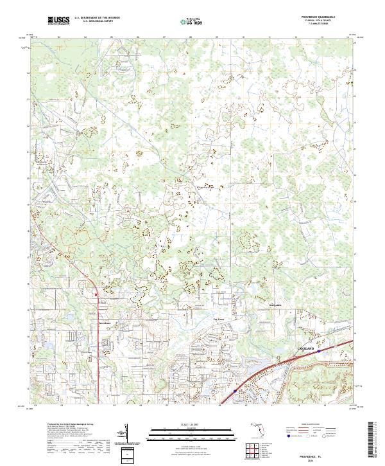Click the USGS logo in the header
tap(58, 21)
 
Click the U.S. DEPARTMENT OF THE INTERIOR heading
tap(97, 18)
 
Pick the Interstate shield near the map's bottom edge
tap(235, 390)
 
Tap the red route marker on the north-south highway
tap(96, 295)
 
